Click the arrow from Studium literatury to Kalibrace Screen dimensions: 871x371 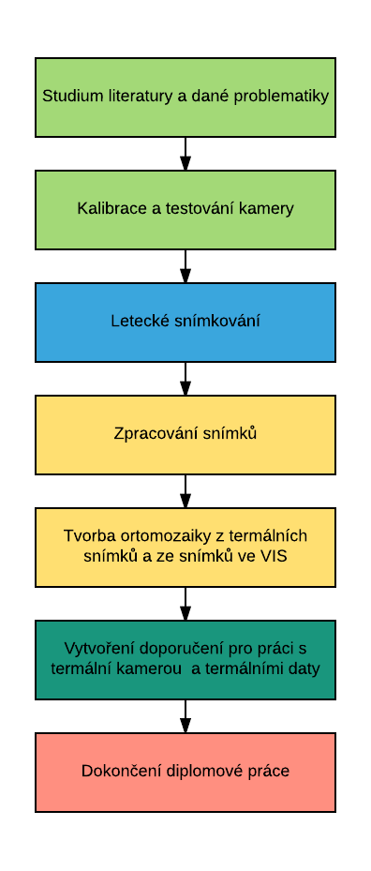(185, 154)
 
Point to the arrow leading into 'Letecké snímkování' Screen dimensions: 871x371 (185, 266)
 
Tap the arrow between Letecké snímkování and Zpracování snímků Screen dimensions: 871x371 (185, 379)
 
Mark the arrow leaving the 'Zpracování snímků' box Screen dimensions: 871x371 (185, 491)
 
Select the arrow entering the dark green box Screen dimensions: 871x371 (185, 604)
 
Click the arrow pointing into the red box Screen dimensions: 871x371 (185, 716)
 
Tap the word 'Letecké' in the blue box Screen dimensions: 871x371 (136, 322)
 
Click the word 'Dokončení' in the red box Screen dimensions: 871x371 (114, 772)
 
